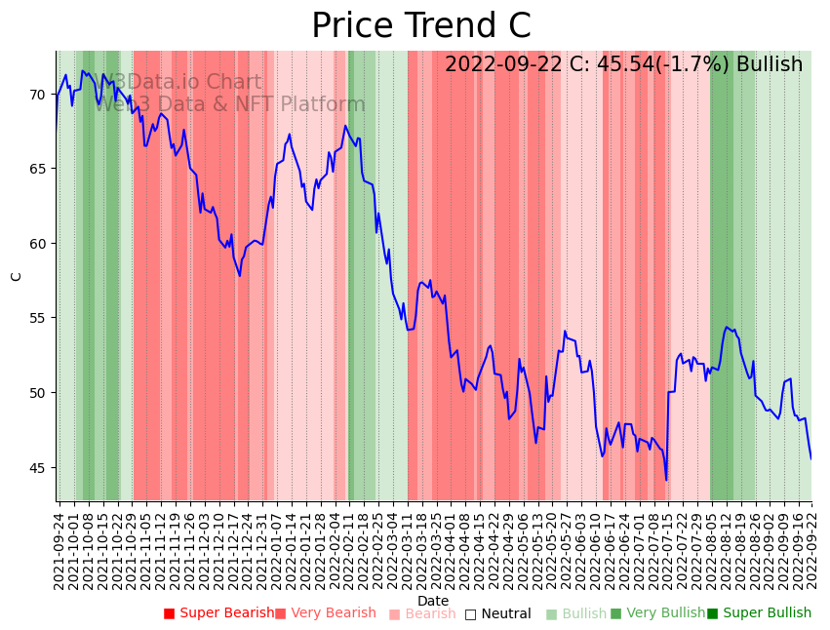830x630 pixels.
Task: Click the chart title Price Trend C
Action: (421, 26)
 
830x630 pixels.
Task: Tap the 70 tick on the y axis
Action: (37, 95)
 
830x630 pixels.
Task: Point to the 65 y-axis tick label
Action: (37, 169)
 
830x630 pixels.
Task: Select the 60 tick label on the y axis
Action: (37, 244)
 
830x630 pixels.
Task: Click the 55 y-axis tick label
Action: (37, 318)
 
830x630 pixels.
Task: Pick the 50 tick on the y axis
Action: (37, 393)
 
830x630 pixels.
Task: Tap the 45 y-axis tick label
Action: (37, 467)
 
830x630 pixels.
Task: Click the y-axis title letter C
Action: (17, 276)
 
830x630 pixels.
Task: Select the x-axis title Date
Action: (433, 601)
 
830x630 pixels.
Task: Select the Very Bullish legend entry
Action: (657, 613)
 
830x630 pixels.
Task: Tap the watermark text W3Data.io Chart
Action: (183, 83)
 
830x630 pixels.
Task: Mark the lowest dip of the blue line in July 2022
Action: (667, 480)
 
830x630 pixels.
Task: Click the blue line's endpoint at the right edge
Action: (811, 458)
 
